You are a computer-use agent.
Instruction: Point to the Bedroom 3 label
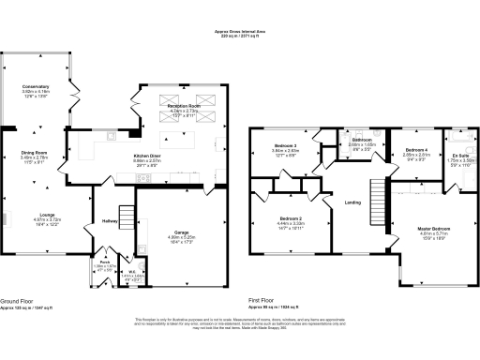pyautogui.click(x=285, y=146)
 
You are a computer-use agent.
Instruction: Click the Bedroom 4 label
pyautogui.click(x=415, y=150)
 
